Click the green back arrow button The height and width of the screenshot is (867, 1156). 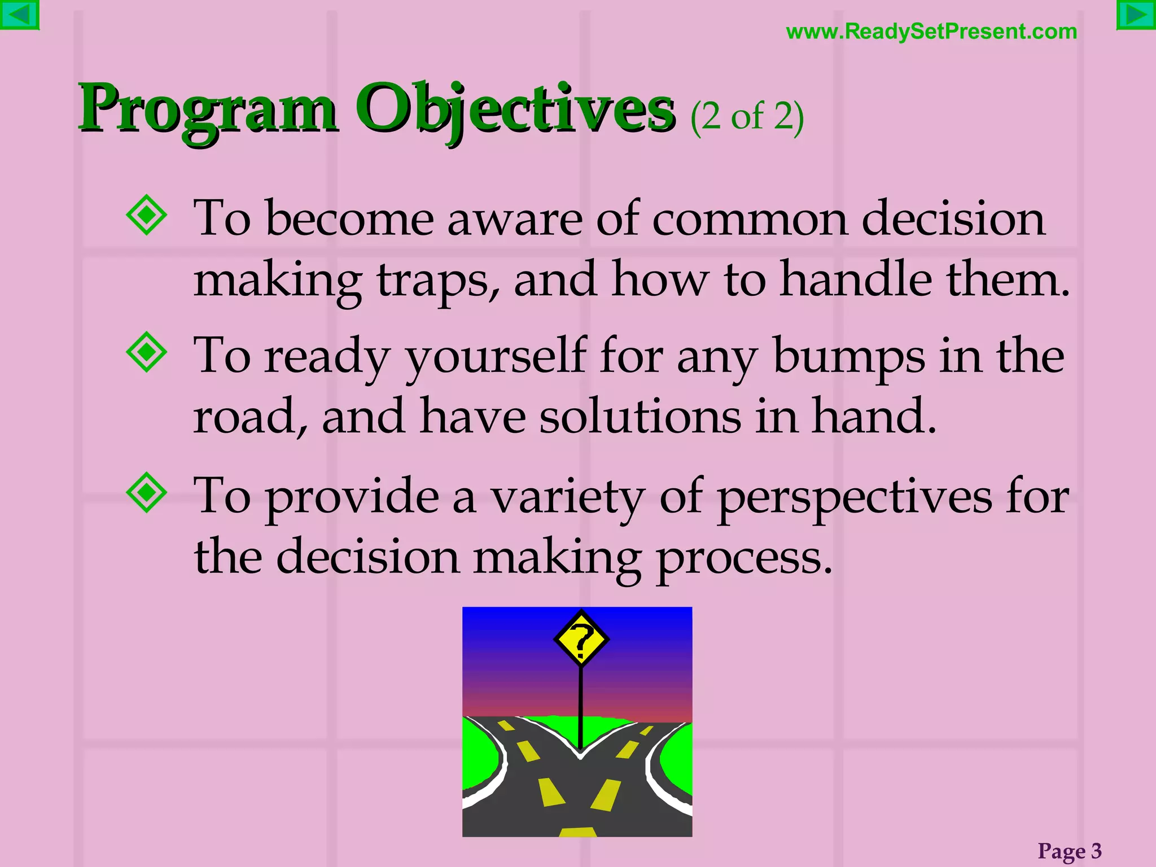click(x=19, y=15)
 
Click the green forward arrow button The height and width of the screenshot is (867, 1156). click(x=1136, y=15)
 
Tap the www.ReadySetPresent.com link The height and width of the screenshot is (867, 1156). click(x=931, y=32)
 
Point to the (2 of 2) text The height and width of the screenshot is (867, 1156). click(x=747, y=117)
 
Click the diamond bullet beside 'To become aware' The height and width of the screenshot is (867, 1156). click(x=147, y=214)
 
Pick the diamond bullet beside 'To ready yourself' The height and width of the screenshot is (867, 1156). click(x=147, y=352)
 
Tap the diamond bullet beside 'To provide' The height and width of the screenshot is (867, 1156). click(x=147, y=492)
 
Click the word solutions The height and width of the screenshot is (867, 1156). click(x=640, y=417)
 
